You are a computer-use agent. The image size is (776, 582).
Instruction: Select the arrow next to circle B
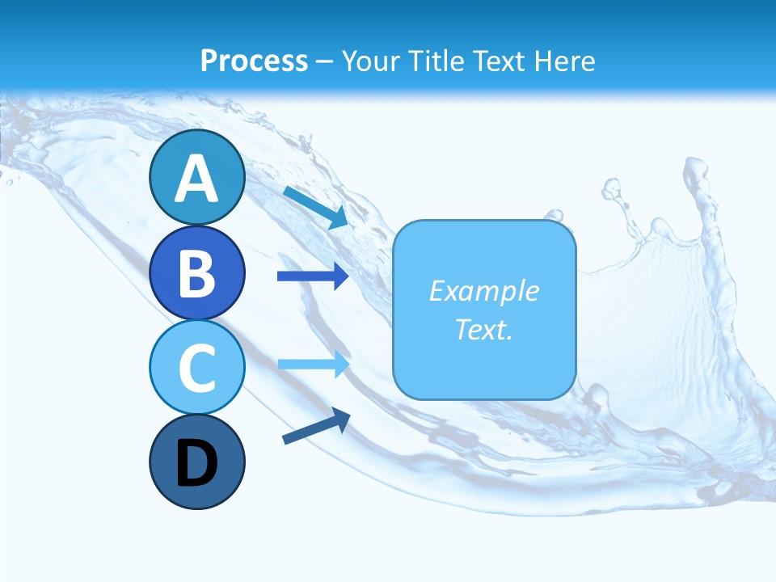[313, 276]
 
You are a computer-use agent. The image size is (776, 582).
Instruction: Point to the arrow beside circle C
[313, 364]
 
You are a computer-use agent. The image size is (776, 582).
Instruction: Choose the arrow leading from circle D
[316, 426]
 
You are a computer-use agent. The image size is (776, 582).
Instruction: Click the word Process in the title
[254, 61]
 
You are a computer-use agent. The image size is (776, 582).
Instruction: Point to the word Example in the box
[483, 291]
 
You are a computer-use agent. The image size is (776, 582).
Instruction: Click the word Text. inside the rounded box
[483, 329]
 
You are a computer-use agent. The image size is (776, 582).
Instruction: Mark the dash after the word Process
[324, 61]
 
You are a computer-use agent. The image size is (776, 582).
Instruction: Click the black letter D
[196, 463]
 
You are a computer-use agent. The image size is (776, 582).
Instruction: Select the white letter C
[196, 368]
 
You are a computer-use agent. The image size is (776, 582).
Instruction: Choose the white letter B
[196, 273]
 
